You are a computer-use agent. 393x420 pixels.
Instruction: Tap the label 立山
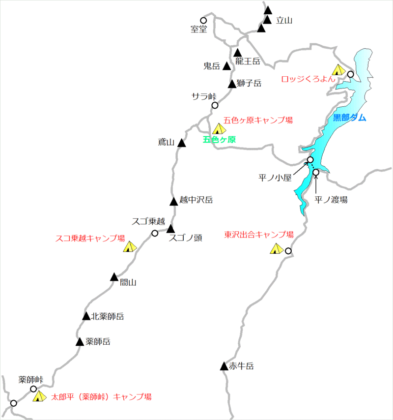[284, 20]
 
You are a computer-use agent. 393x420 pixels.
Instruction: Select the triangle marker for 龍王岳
[238, 53]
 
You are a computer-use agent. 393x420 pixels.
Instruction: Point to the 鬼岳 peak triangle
[226, 66]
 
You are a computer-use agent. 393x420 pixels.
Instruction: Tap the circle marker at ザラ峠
[215, 105]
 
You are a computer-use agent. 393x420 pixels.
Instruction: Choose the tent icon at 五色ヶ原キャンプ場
[219, 129]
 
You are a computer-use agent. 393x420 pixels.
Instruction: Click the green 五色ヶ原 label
[219, 140]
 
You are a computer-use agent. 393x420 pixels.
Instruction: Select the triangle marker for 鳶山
[181, 143]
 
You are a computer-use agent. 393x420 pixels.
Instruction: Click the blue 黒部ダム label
[350, 118]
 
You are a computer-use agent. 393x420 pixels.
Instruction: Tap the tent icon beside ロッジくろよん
[338, 70]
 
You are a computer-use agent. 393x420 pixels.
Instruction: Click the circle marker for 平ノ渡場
[316, 173]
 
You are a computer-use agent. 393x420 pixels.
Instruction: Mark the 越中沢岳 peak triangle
[173, 201]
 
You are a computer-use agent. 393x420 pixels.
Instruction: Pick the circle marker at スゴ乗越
[155, 233]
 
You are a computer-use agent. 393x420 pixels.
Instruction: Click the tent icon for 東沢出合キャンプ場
[276, 249]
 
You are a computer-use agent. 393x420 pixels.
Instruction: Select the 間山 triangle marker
[114, 277]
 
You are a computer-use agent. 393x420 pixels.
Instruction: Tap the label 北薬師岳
[107, 317]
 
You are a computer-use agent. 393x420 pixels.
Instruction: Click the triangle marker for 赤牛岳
[224, 366]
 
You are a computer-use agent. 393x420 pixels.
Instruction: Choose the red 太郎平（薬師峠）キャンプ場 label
[101, 396]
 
